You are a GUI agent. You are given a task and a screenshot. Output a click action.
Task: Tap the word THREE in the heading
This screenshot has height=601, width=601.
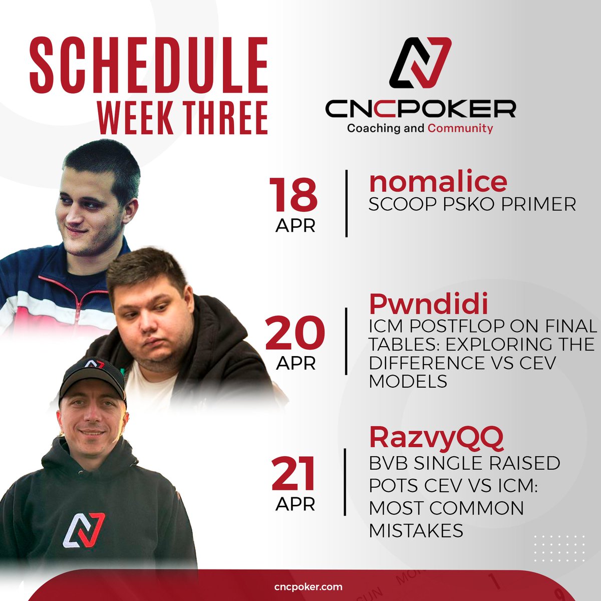(x=226, y=118)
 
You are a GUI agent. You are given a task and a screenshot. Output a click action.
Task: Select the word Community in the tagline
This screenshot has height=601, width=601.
(x=460, y=128)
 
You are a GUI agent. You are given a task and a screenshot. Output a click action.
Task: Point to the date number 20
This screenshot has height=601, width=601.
(x=295, y=333)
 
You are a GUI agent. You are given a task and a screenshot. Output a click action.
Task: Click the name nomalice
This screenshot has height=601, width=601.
(x=438, y=181)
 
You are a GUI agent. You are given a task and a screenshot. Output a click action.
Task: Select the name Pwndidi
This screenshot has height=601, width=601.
(x=428, y=304)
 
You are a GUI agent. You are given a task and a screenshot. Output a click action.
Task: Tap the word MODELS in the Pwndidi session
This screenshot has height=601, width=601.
(x=408, y=382)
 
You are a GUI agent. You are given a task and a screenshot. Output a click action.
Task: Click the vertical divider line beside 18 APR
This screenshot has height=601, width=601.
(x=347, y=203)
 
